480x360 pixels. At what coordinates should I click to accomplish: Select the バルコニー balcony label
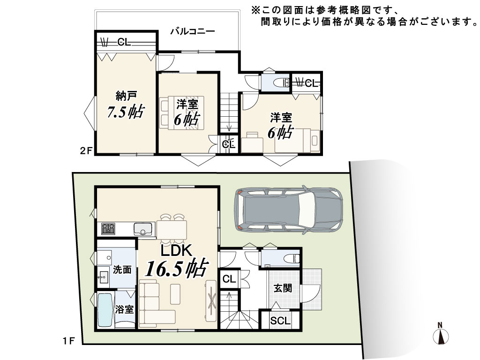point(193,31)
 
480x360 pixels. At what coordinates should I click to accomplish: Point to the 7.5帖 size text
point(125,112)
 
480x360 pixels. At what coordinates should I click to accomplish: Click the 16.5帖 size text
point(177,268)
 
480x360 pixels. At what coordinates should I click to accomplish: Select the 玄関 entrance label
point(283,288)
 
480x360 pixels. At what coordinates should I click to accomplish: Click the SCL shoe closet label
point(280,321)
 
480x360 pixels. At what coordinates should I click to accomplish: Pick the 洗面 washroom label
point(122,270)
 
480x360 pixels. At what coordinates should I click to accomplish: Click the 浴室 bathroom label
point(125,309)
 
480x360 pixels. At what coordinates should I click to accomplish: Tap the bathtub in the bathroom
point(105,310)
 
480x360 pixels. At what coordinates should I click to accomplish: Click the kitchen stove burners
point(108,229)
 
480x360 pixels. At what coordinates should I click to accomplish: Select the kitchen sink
point(142,229)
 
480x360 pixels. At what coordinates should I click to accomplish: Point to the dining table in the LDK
point(172,229)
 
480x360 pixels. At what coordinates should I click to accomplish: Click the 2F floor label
point(86,151)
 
